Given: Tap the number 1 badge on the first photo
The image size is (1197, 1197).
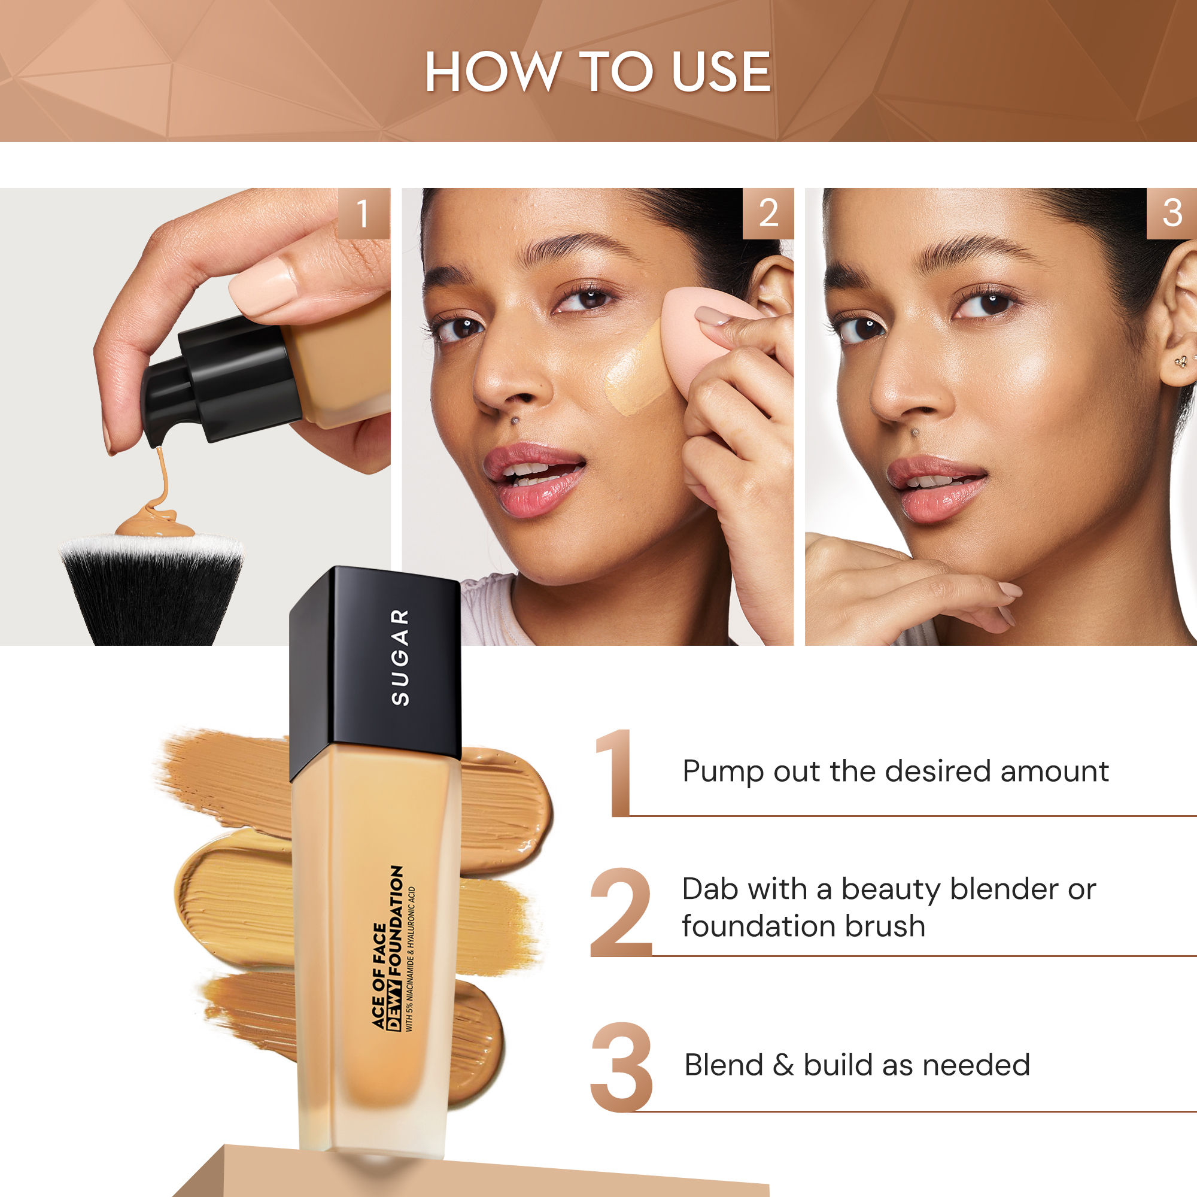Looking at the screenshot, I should pos(364,214).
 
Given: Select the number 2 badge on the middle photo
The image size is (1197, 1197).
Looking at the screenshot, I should pos(768,214).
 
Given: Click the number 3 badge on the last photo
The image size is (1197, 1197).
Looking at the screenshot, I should pos(1171,214).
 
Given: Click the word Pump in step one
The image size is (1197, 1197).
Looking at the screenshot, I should pos(722,773).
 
